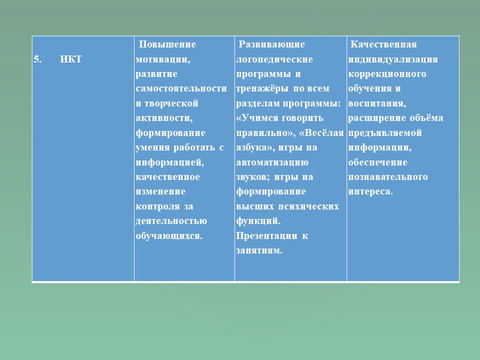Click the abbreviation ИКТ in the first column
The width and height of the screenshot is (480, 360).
click(70, 59)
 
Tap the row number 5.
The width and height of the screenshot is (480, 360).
click(37, 59)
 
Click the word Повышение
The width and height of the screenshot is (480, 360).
click(167, 44)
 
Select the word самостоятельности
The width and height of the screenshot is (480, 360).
click(181, 88)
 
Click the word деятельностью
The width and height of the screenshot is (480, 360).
click(171, 221)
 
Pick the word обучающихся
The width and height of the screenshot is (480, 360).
click(169, 236)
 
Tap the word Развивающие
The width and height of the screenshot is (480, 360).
click(271, 44)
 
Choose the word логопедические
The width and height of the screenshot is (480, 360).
click(274, 59)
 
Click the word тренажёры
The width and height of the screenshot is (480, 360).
click(262, 89)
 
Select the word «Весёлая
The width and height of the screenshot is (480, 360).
click(321, 133)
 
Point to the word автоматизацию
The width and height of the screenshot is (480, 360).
click(272, 162)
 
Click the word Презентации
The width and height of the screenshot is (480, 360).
click(266, 236)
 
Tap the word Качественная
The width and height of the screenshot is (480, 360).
click(383, 44)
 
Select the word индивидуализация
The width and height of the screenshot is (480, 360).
click(393, 59)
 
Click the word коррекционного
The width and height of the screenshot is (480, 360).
click(387, 74)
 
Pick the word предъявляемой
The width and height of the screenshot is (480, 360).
click(385, 133)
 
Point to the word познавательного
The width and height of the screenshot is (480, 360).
click(388, 177)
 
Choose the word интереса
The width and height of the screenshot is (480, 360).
click(370, 192)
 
